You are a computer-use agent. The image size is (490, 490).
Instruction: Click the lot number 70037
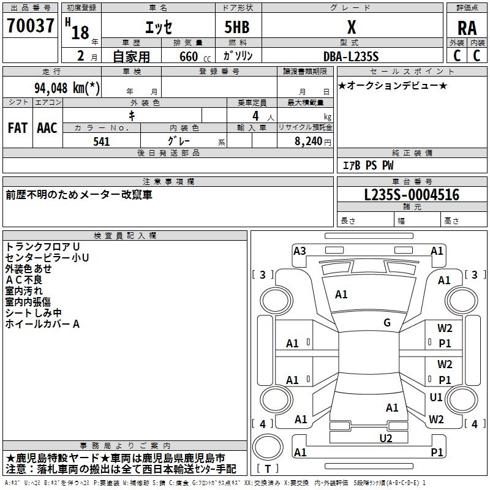point(31,26)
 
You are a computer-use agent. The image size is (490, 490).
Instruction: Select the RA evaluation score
point(467,28)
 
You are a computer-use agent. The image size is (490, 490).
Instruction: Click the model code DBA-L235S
point(352,56)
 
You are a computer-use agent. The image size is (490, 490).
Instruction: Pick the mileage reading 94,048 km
point(67,87)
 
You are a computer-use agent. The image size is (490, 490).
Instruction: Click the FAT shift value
point(17,128)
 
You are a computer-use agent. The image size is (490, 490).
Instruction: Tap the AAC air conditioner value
point(47,128)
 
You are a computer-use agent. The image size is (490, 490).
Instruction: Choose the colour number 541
point(102,141)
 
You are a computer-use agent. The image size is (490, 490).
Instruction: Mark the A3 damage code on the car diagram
point(300,251)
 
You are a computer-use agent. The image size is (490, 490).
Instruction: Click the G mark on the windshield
point(386,323)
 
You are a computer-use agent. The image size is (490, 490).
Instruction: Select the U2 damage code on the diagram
point(386,437)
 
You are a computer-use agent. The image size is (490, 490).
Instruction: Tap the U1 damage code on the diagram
point(435,398)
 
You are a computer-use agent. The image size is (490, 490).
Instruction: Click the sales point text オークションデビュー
point(393,85)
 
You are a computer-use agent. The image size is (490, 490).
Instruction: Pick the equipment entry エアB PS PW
point(368,165)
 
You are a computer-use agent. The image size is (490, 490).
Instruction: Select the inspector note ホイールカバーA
point(43,324)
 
